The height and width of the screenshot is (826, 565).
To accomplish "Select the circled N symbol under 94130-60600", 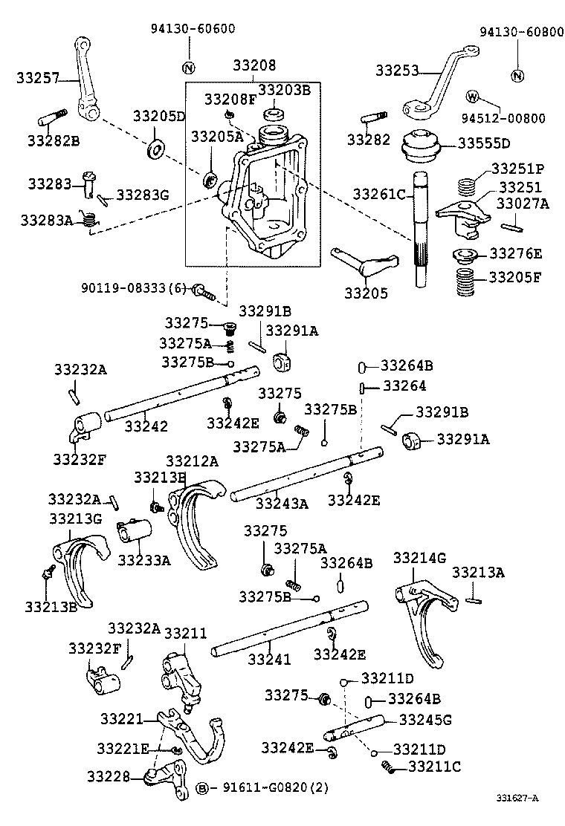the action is point(189,68).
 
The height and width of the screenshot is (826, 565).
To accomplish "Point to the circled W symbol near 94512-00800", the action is point(473,97).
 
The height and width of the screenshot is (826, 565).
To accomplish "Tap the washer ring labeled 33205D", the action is point(155,149).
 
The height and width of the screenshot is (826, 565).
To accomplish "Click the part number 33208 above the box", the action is point(254,65).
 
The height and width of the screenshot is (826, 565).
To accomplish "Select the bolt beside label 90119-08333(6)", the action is point(204,290).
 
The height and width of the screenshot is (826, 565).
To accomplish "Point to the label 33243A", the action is point(282,504).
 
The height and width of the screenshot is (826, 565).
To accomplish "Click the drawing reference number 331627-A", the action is point(517,798).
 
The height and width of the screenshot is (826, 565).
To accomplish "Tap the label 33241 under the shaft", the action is point(269,659).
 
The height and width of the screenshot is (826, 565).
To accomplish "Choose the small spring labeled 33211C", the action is point(388,767).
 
